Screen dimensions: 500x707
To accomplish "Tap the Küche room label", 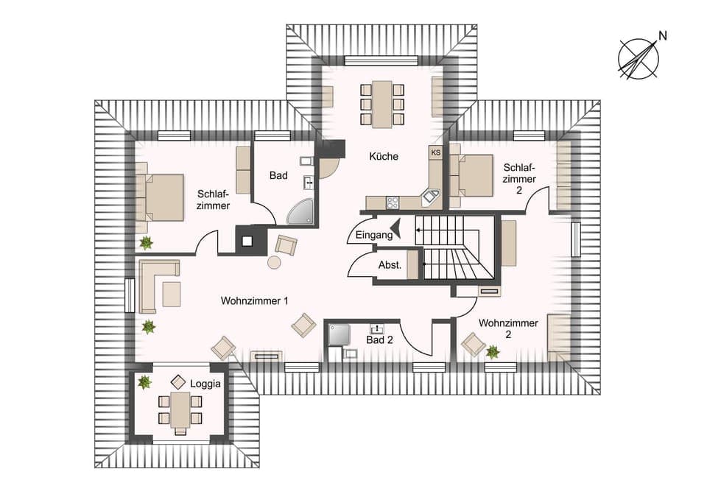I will click(x=384, y=156).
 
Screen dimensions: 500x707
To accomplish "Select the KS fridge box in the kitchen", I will click(x=435, y=152).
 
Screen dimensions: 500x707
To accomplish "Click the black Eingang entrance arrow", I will click(x=395, y=230).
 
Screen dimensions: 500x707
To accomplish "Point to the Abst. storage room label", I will click(x=390, y=265).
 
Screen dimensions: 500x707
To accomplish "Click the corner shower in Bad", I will click(x=300, y=211).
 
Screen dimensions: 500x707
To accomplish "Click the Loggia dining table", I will click(x=180, y=409).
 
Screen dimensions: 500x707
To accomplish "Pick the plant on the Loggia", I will click(x=144, y=381).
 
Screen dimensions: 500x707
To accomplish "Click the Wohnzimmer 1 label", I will click(x=254, y=301).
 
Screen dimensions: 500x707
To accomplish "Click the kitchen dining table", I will click(x=382, y=103).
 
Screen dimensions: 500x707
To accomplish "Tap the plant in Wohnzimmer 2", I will click(x=493, y=352).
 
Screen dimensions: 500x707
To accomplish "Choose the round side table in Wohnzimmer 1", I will click(x=274, y=262).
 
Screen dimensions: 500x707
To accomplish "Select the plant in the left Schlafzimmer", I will click(x=146, y=242).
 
